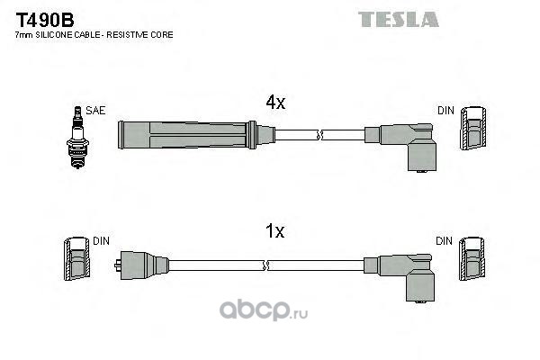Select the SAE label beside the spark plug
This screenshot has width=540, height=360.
96,111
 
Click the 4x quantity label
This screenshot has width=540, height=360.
274,103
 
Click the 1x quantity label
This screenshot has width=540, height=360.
274,231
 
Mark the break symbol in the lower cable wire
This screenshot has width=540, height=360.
266,264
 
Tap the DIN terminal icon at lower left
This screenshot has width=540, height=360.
76,260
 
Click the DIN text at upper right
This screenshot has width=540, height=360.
445,111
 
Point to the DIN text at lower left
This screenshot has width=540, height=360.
101,241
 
